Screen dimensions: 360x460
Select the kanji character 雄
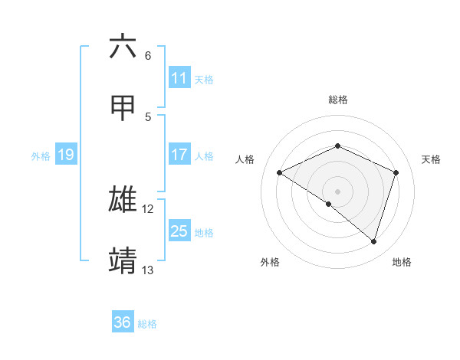(123, 199)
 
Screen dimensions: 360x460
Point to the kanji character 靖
(123, 260)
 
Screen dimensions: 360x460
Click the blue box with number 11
(179, 78)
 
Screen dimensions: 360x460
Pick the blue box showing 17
(179, 155)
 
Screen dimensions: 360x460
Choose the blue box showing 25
(179, 231)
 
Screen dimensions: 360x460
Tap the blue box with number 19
(65, 155)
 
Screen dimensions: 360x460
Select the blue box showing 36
(122, 322)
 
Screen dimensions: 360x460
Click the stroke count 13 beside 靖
(148, 270)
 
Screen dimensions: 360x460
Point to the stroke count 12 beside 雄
(148, 209)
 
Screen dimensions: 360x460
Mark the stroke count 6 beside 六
(148, 56)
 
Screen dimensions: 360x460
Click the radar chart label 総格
(337, 100)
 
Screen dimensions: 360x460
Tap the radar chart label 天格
(431, 159)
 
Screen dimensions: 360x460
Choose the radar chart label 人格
(245, 159)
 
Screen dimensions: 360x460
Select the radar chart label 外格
(270, 262)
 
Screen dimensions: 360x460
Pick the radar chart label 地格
(402, 262)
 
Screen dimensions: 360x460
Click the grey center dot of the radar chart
(337, 191)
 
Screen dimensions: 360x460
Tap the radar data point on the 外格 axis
(329, 204)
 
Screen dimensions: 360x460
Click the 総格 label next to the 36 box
(147, 323)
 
